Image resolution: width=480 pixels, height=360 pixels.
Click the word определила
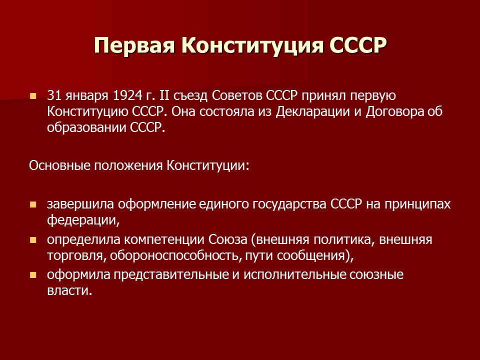pyautogui.click(x=76, y=239)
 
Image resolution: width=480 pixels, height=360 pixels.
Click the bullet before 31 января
pyautogui.click(x=33, y=95)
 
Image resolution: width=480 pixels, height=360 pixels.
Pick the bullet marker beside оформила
pyautogui.click(x=33, y=275)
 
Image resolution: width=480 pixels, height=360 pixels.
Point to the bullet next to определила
pyautogui.click(x=33, y=240)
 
